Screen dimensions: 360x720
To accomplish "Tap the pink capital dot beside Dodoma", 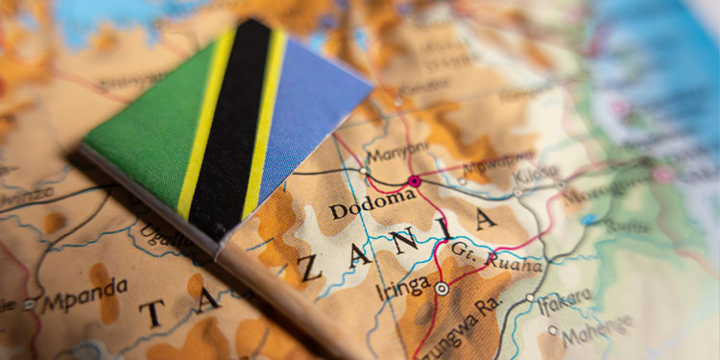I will (x=415, y=180).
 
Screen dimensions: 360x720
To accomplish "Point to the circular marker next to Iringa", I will (x=442, y=288).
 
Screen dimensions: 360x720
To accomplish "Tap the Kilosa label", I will (x=536, y=176).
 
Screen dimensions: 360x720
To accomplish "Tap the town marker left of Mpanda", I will (x=28, y=304).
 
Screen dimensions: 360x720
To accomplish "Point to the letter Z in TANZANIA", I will (x=309, y=270).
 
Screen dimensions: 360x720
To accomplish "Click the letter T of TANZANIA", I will (x=151, y=312).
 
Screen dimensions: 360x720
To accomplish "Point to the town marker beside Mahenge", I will (x=552, y=330).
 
